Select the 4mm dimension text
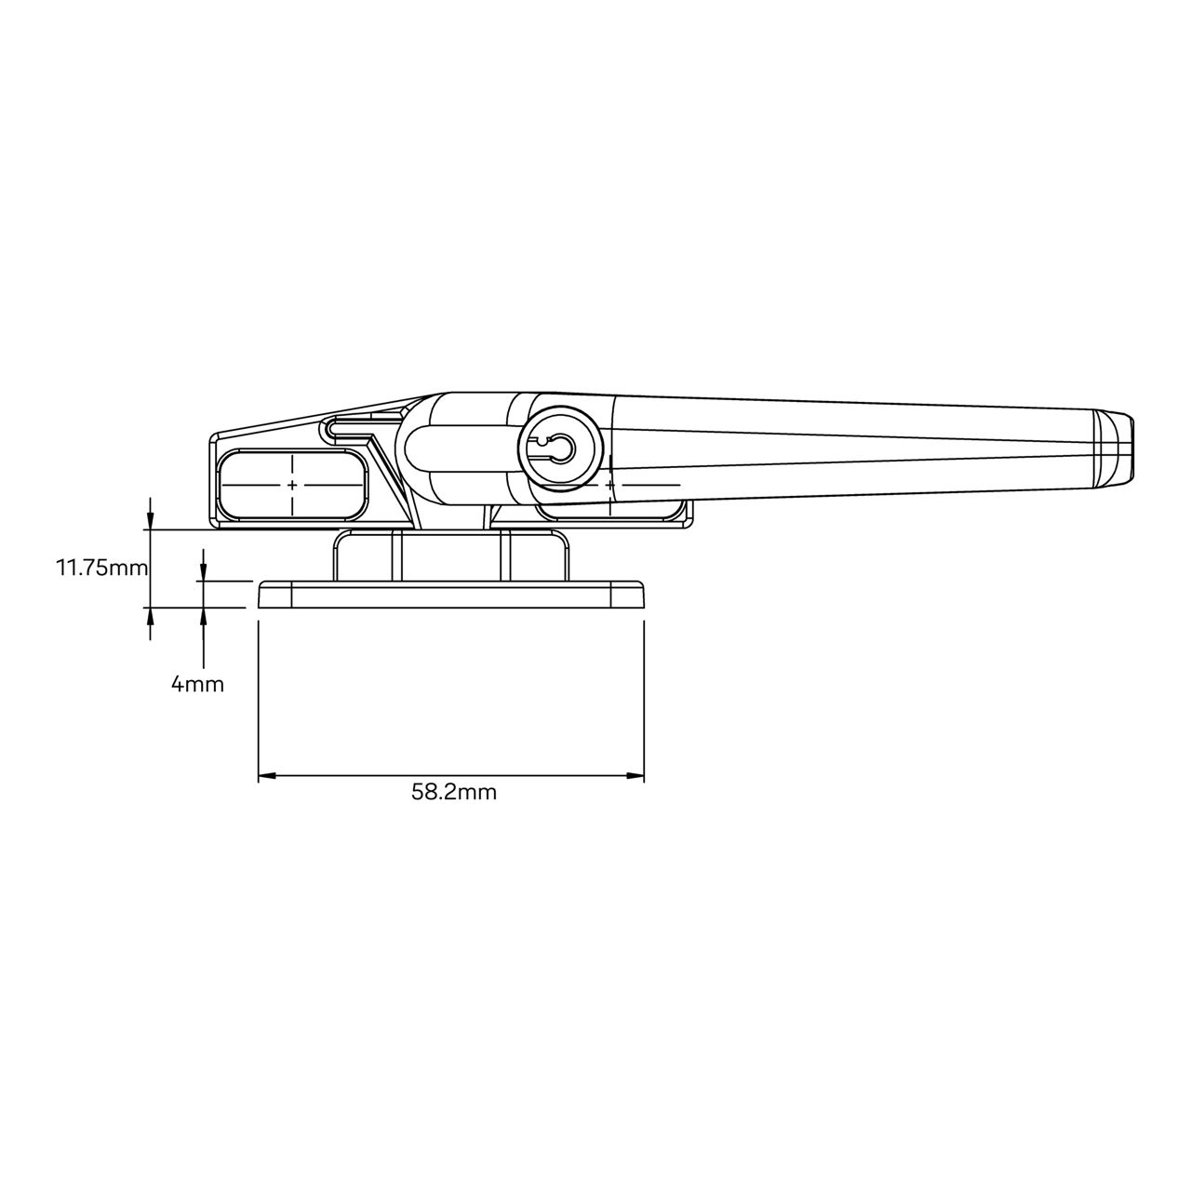[x=197, y=685]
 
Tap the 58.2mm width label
[x=453, y=792]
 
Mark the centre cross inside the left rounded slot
[x=292, y=485]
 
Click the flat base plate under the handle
[x=451, y=595]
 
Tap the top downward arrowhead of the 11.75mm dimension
[x=151, y=521]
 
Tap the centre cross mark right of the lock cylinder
[x=609, y=485]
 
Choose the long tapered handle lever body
[x=837, y=444]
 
